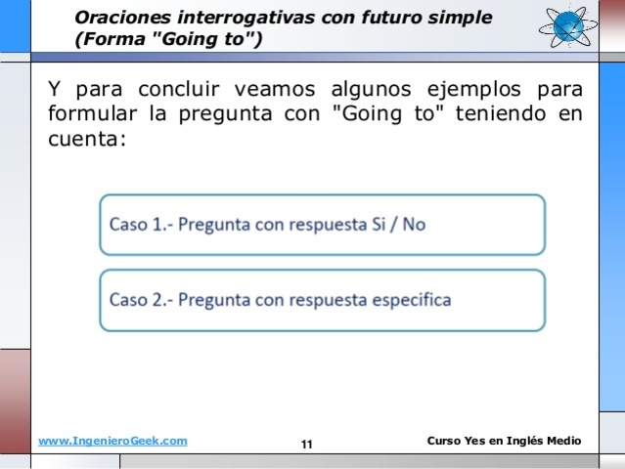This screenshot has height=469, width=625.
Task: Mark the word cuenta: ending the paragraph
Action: (86, 139)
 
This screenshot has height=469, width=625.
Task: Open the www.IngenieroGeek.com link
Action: (112, 442)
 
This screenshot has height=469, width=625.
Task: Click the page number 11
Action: (307, 445)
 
